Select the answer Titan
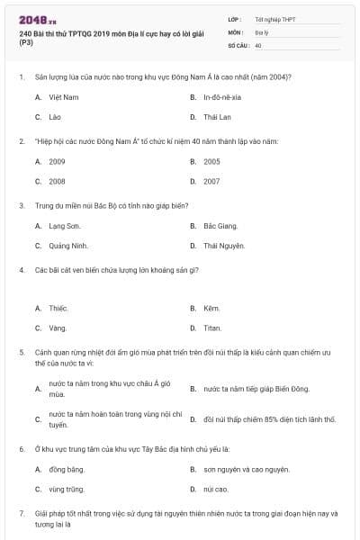coord(212,328)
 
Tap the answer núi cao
coord(215,489)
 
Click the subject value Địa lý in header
coord(262,31)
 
